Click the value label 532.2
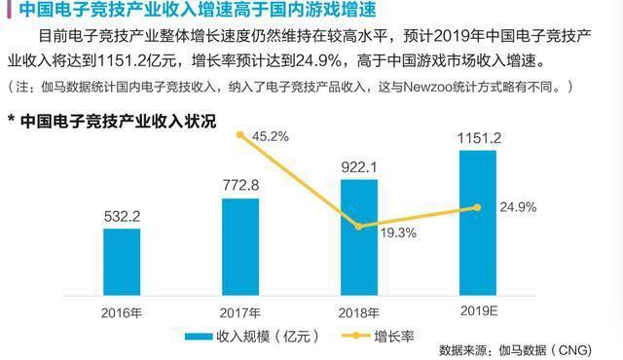122,215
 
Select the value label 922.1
359,167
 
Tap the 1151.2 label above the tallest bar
478,141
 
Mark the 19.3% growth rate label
396,234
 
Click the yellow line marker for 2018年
359,227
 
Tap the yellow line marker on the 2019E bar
478,206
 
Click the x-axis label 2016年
122,313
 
